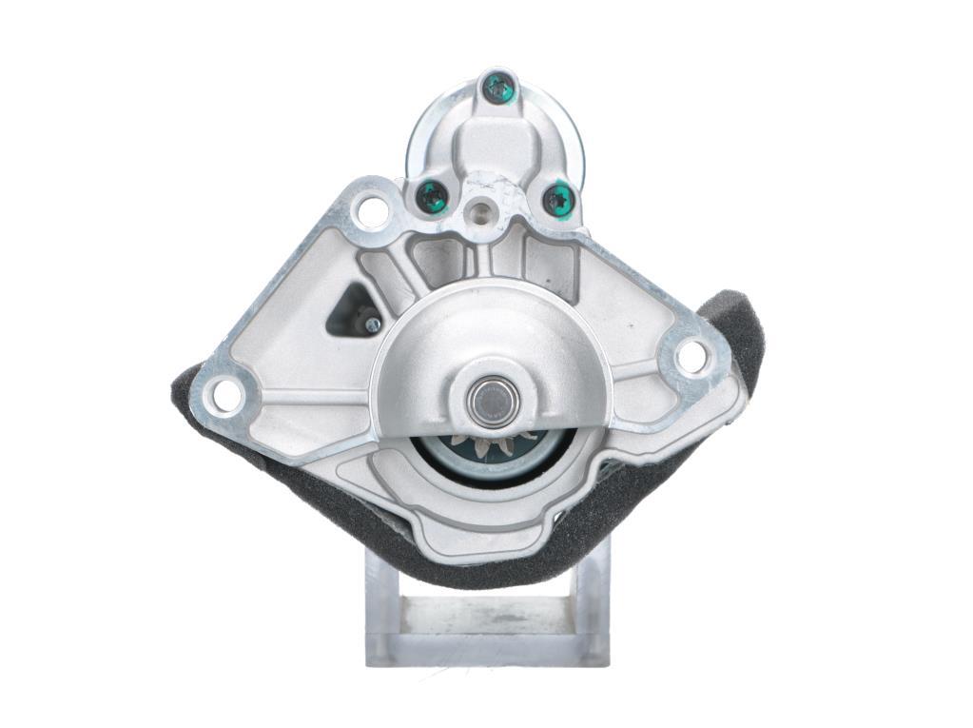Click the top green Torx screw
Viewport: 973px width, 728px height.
click(x=498, y=89)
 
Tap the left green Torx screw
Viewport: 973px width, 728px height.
click(x=433, y=197)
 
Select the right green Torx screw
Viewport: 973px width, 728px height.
click(x=558, y=201)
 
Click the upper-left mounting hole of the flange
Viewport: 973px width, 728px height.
click(x=372, y=210)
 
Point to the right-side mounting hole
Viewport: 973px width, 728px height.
click(x=691, y=357)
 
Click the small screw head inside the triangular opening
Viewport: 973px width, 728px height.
click(x=372, y=325)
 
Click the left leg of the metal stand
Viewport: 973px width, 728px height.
click(x=380, y=609)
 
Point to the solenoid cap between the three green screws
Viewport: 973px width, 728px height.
click(x=495, y=143)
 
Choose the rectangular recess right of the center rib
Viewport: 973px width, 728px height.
click(x=549, y=262)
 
